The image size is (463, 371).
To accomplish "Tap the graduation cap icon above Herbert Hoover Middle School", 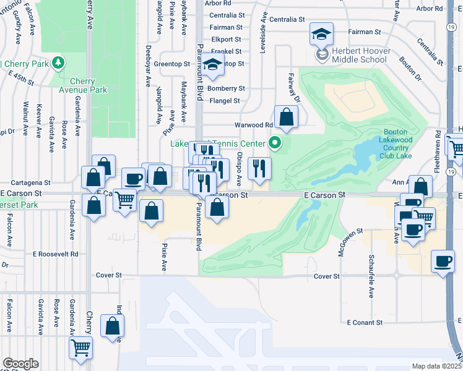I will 321,35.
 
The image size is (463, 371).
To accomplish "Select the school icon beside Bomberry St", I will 212,66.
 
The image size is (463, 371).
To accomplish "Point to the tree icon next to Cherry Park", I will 58,62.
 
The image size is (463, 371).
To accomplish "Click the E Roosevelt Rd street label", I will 57,254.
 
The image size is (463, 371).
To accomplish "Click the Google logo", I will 20,364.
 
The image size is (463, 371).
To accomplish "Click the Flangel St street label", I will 225,100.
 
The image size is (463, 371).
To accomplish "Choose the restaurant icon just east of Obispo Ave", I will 259,168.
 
